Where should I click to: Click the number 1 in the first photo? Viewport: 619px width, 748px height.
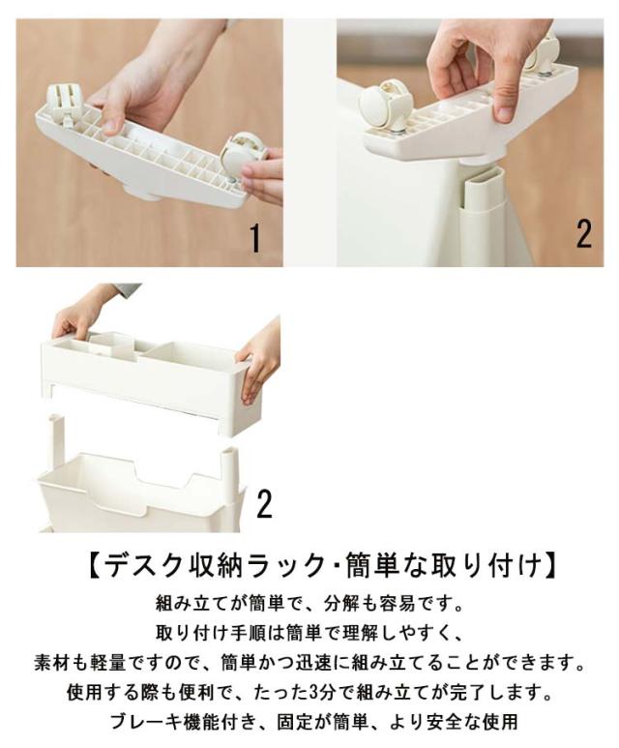(256, 239)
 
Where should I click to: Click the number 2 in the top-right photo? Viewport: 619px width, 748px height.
(584, 234)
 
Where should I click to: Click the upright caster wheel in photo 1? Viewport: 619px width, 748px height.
(66, 104)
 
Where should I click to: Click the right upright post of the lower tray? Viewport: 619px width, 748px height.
(228, 466)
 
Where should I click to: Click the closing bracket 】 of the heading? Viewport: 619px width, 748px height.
(549, 566)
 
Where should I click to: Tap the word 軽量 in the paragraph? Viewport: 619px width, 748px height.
(110, 663)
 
